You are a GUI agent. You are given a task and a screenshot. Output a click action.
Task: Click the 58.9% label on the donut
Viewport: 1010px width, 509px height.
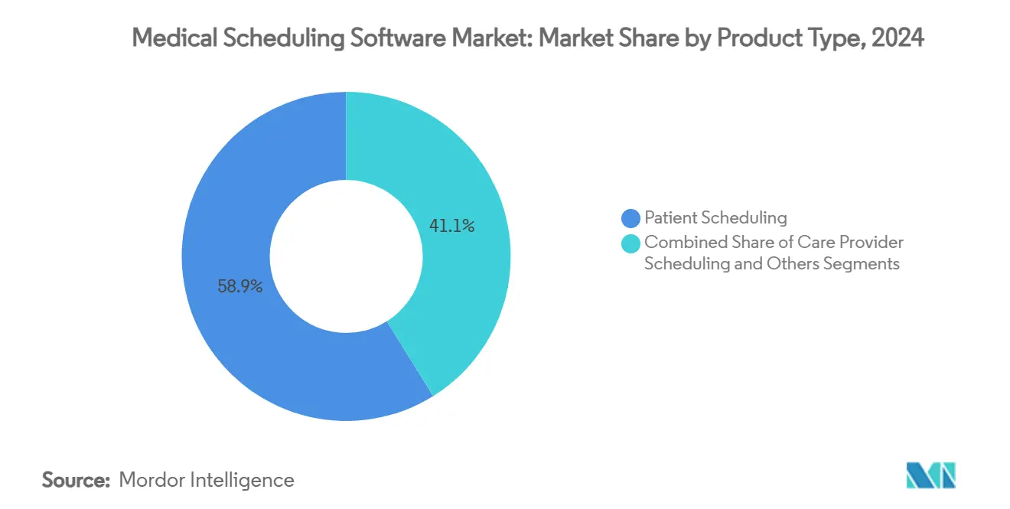pos(240,287)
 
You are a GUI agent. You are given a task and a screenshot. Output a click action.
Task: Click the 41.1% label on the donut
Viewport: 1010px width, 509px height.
pos(451,226)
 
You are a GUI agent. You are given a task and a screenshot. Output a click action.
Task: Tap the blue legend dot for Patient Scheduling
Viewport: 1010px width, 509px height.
pos(631,218)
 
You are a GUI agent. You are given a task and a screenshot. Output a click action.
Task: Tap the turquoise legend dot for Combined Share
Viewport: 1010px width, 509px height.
pos(631,243)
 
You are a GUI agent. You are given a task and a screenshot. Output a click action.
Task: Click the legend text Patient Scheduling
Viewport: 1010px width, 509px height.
pos(715,218)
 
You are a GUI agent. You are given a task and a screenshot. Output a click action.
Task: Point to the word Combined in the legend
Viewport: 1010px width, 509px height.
pos(679,243)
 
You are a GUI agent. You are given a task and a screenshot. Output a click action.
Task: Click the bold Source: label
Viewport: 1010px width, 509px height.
pos(77,480)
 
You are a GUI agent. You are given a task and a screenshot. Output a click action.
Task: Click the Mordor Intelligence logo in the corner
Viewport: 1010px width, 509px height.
pos(930,475)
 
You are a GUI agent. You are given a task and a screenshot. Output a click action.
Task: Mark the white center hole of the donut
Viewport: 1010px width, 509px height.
pos(346,256)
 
